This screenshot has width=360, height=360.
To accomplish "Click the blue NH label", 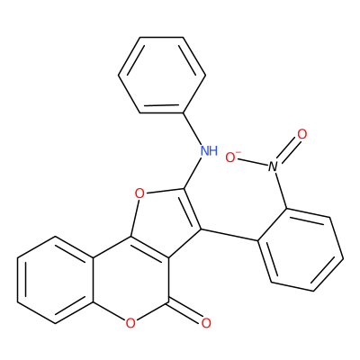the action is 209,150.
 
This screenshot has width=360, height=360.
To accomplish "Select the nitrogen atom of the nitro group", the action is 273,166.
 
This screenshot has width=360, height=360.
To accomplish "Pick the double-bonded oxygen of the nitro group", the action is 302,134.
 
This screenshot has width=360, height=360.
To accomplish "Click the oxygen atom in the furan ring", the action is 139,193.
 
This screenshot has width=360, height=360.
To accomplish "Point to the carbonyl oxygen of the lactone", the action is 206,323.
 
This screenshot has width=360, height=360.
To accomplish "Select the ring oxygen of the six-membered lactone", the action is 130,323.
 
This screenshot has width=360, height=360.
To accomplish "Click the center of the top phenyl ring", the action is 162,75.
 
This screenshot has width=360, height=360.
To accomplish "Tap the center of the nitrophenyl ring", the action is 301,249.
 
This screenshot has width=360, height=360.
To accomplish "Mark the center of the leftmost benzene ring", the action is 56,280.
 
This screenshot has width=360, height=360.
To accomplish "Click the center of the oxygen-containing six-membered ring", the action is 130,280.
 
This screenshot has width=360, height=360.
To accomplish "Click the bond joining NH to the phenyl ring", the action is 193,129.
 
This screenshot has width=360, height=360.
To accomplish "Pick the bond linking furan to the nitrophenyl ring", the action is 229,235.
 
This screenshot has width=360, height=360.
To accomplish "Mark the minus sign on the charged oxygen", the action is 238,152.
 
